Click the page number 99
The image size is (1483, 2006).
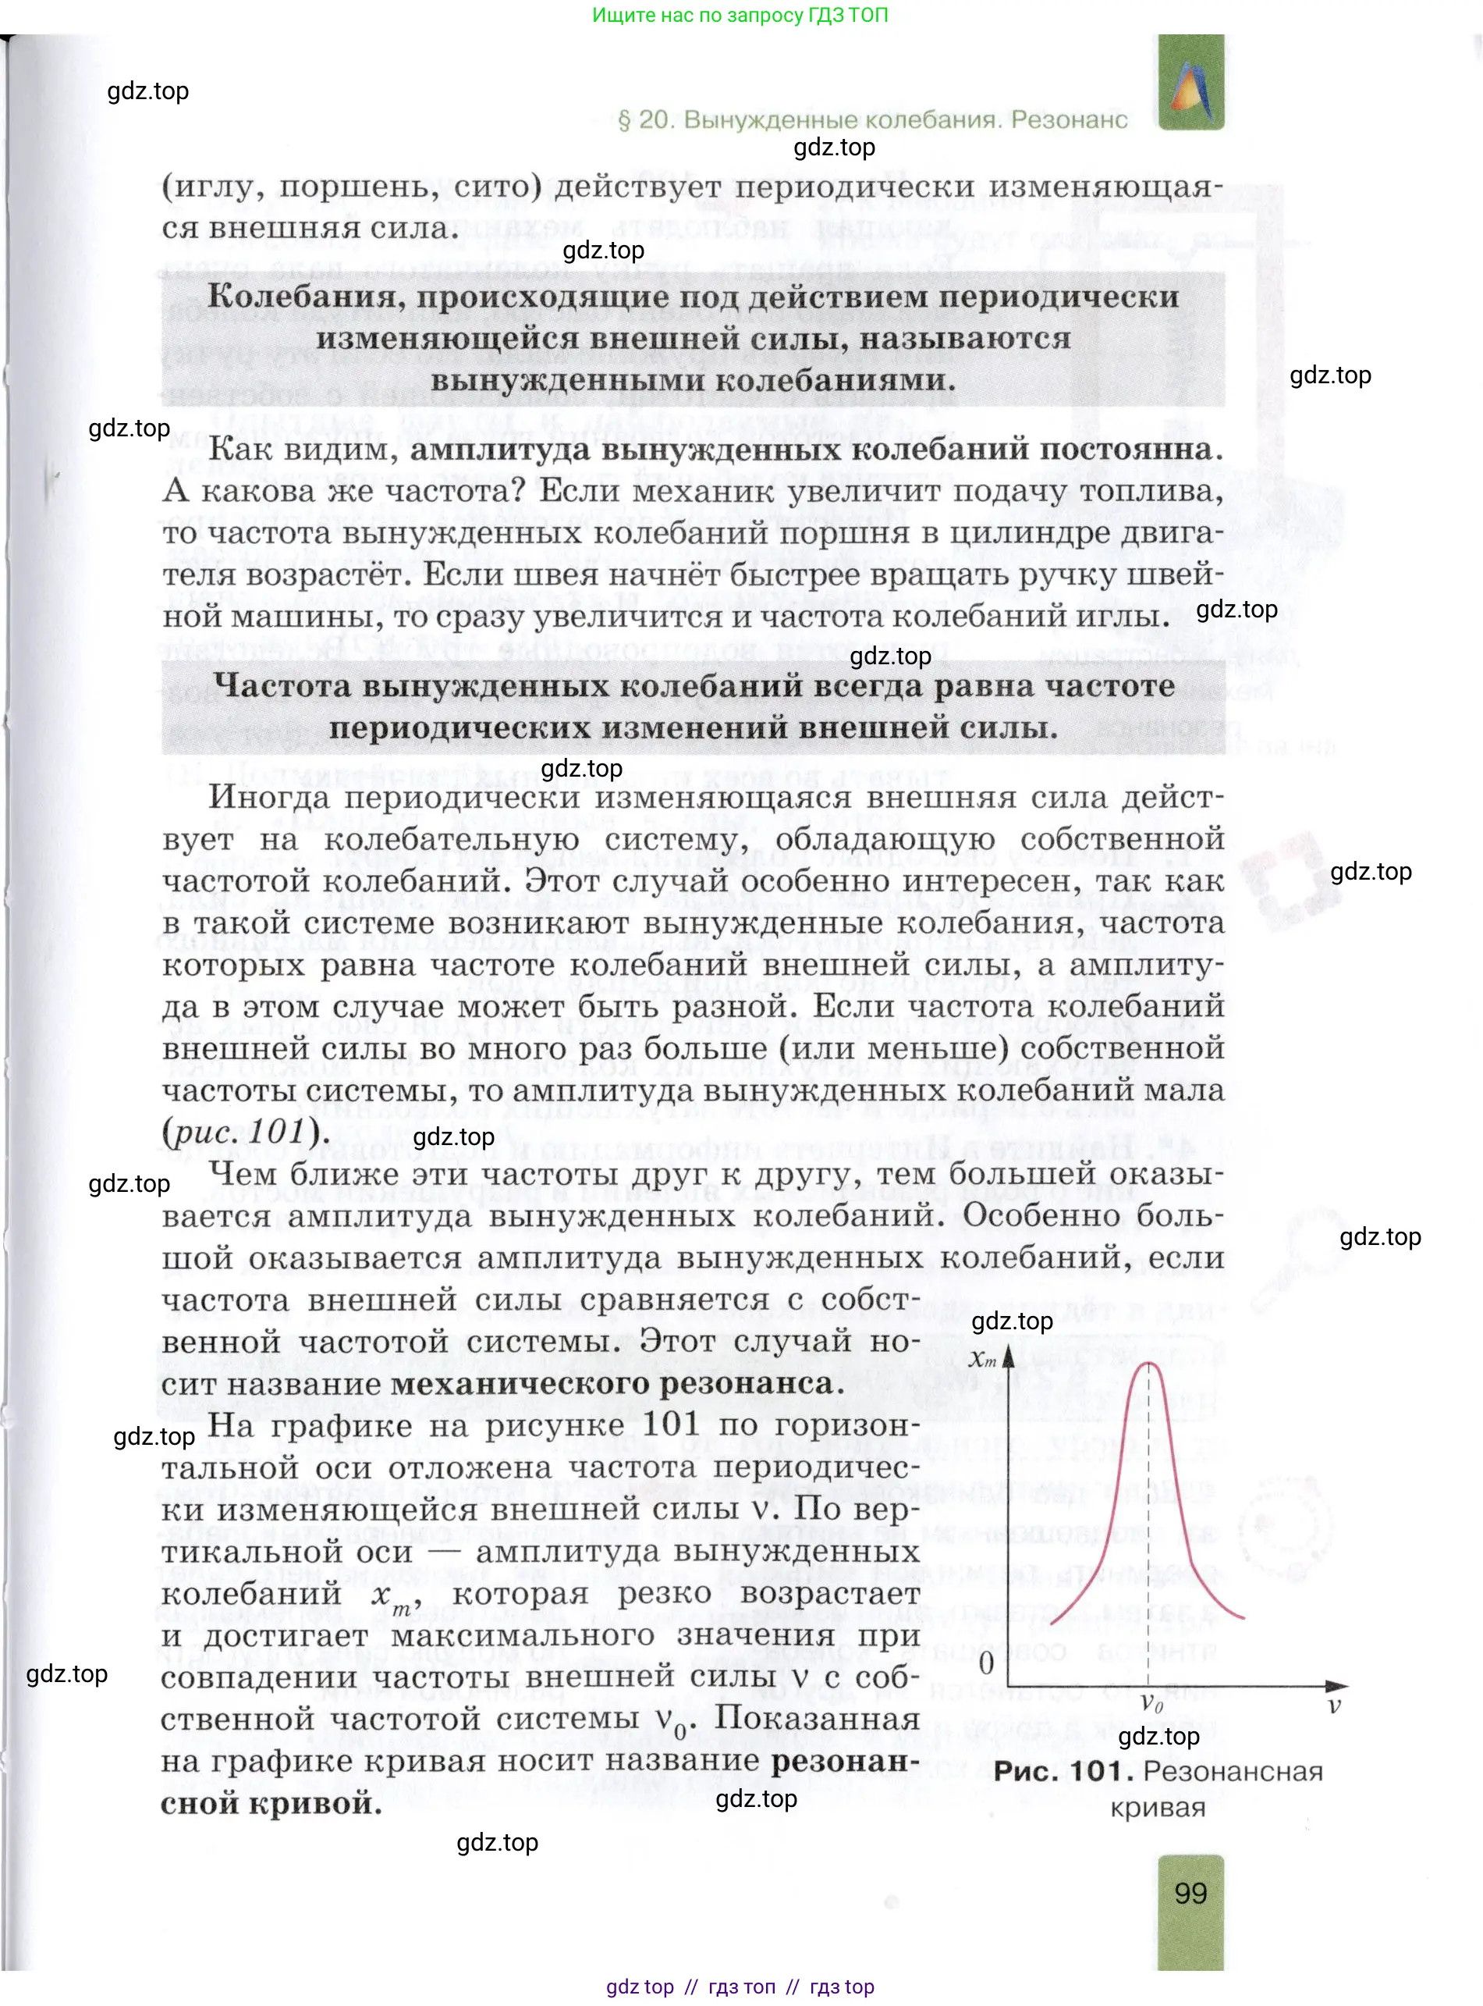(1190, 1893)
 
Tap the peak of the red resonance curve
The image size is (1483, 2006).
(1148, 1364)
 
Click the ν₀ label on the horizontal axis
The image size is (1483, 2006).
(1151, 1702)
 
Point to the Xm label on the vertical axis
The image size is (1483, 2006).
(982, 1360)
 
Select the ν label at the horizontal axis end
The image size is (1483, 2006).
(1335, 1704)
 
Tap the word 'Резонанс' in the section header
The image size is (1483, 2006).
(1070, 119)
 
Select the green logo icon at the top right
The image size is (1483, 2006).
(1191, 84)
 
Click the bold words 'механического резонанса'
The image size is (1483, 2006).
(617, 1383)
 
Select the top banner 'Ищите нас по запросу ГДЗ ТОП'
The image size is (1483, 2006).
(740, 16)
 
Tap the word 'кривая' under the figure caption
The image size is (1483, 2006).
(1158, 1807)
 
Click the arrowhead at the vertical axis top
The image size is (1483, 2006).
(1009, 1353)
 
